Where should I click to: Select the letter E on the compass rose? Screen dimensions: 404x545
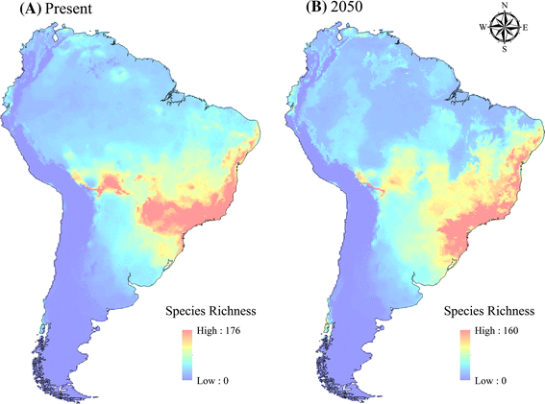click(x=526, y=29)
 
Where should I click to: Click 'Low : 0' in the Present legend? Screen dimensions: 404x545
click(x=213, y=381)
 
